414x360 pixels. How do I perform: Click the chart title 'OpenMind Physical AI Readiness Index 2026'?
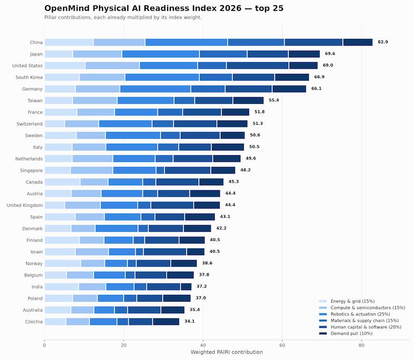point(143,8)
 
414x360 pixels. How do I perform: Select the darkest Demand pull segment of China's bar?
point(358,42)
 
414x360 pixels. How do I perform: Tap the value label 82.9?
point(383,42)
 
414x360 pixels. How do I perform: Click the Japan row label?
point(36,54)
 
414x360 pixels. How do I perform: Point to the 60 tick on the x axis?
point(282,345)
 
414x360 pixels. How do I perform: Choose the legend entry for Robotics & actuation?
point(360,314)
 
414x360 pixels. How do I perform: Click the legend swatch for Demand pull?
point(323,334)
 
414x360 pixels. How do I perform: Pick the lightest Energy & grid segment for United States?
point(65,66)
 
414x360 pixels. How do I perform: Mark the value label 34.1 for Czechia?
point(189,321)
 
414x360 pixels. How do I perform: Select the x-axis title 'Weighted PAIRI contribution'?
point(227,352)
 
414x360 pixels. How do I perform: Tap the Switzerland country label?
point(29,124)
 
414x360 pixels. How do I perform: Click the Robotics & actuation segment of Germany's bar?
point(155,89)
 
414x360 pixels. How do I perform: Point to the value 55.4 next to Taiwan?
point(274,100)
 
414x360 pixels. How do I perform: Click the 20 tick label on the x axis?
point(124,345)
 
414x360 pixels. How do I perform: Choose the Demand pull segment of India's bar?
point(186,287)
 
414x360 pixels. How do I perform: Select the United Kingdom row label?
point(24,205)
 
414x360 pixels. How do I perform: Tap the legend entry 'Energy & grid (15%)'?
point(352,301)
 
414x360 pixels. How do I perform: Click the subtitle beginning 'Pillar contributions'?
point(123,18)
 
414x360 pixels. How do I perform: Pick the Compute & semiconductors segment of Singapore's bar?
point(92,170)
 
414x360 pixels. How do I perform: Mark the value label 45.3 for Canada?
point(234,182)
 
